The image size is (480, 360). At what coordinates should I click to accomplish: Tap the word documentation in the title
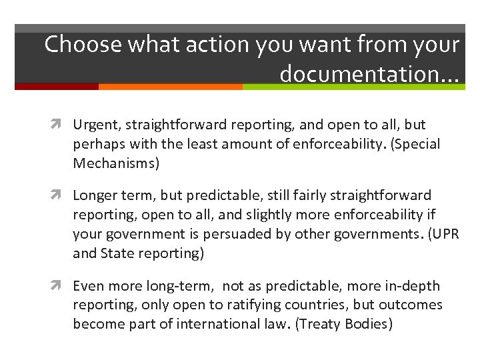pyautogui.click(x=361, y=75)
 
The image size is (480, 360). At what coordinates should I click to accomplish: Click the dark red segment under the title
pyautogui.click(x=57, y=87)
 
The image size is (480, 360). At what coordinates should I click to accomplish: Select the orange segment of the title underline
pyautogui.click(x=170, y=87)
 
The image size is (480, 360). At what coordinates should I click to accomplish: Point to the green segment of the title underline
pyautogui.click(x=353, y=87)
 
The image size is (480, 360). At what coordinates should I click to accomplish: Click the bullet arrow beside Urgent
pyautogui.click(x=62, y=125)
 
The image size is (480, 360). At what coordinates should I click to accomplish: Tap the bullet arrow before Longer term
pyautogui.click(x=62, y=196)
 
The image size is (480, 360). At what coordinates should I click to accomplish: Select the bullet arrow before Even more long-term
pyautogui.click(x=62, y=287)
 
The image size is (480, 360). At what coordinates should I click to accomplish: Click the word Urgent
pyautogui.click(x=93, y=125)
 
